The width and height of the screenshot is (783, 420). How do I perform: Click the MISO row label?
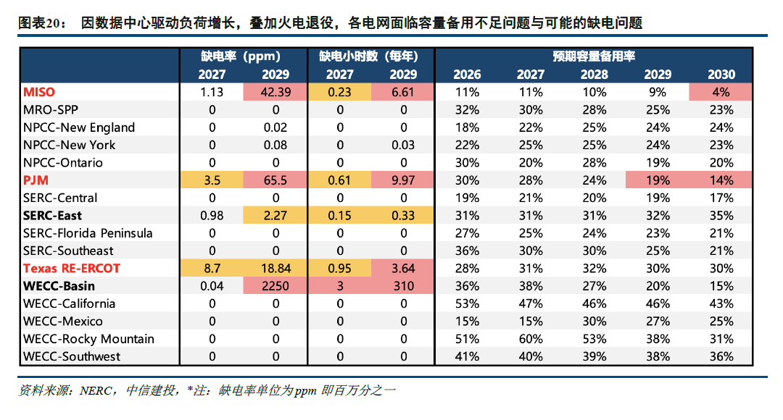[x=39, y=92]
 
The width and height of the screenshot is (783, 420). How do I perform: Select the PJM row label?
[x=36, y=180]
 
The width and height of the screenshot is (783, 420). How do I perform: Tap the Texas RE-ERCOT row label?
[x=72, y=268]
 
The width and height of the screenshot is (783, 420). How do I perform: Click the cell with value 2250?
[x=275, y=286]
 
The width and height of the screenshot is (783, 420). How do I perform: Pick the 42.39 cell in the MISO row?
[x=275, y=92]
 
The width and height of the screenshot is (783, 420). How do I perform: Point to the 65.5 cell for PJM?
[x=275, y=180]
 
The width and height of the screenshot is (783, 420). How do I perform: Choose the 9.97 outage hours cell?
[x=403, y=180]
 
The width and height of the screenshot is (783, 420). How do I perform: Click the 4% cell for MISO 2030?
[x=721, y=92]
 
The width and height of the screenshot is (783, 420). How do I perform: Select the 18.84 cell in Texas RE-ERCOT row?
[x=275, y=268]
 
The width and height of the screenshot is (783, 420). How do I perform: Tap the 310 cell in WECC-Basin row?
[x=403, y=286]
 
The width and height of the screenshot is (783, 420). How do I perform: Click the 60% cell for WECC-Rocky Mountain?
[x=531, y=339]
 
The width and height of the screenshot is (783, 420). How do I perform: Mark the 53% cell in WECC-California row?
[x=467, y=303]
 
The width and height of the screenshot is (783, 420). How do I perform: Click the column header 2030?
[x=721, y=74]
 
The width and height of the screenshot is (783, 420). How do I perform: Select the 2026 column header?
[x=467, y=74]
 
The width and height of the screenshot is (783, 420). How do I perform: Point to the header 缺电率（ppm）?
[x=244, y=56]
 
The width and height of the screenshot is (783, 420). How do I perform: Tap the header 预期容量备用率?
[x=594, y=56]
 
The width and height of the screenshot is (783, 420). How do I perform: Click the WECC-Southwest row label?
[x=72, y=356]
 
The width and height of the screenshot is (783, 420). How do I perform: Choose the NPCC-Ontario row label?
[x=63, y=162]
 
